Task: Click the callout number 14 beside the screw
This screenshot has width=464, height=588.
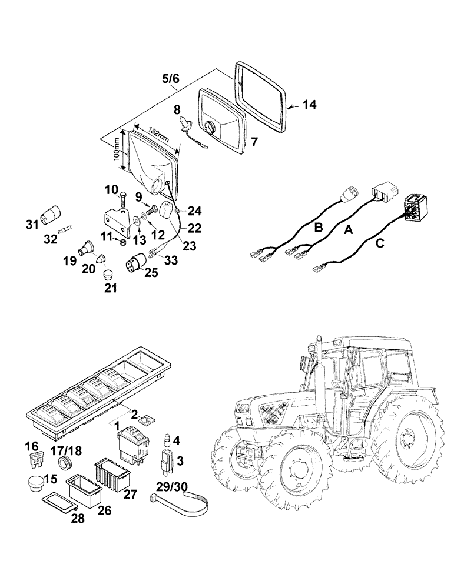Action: click(x=309, y=105)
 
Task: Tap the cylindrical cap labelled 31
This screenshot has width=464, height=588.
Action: click(x=53, y=209)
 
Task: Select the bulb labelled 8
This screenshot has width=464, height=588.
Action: click(x=187, y=124)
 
